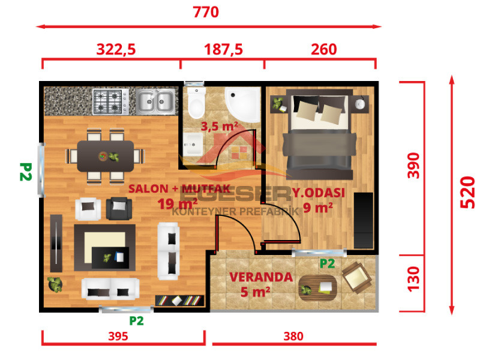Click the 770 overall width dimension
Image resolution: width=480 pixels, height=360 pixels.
[206, 12]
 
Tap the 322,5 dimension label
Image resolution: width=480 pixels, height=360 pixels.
[116, 49]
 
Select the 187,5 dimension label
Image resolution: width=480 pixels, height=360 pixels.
[223, 49]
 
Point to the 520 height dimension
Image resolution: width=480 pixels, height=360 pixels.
[467, 192]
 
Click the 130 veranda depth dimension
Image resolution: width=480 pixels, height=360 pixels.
[413, 278]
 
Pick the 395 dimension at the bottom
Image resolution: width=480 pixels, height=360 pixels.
[118, 336]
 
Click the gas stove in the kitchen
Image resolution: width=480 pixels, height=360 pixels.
[111, 101]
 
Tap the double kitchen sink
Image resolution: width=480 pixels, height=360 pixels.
[155, 101]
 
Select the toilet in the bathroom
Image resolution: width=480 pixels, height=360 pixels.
[196, 103]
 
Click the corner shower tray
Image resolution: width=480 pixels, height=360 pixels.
[243, 104]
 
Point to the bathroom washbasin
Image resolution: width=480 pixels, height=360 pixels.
[193, 144]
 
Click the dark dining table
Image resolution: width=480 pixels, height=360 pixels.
[106, 156]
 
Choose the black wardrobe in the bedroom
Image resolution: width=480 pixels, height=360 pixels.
[364, 220]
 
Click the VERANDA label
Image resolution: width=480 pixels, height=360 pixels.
[261, 277]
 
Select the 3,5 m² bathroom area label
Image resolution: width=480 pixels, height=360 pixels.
[219, 126]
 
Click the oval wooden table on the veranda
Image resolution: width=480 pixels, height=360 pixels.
[318, 288]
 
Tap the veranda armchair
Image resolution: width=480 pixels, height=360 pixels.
[356, 277]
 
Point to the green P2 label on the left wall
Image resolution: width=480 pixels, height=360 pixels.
[26, 172]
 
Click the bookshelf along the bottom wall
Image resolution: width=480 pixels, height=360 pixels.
[179, 301]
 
